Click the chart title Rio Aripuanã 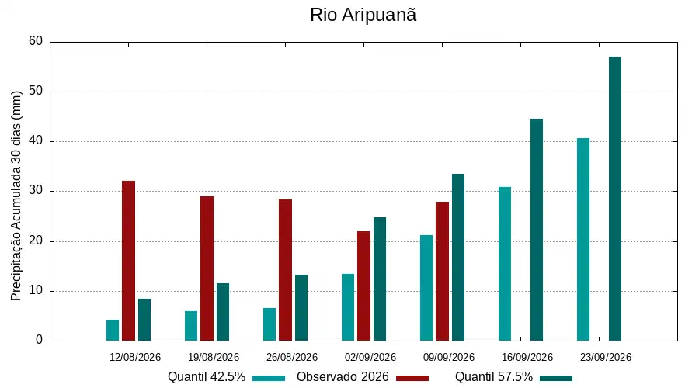tap(363, 15)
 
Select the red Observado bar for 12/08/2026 tap(128, 261)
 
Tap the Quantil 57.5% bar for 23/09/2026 tap(615, 199)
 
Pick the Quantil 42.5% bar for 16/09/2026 tap(505, 264)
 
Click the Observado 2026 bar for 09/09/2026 tap(442, 272)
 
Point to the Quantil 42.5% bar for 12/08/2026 tap(113, 330)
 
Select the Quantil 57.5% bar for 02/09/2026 tap(380, 279)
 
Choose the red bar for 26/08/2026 tap(285, 270)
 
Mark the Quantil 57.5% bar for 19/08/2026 tap(223, 312)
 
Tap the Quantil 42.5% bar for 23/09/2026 tap(583, 240)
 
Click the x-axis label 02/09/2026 tap(370, 357)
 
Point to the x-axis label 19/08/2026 tap(214, 357)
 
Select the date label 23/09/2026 tap(606, 357)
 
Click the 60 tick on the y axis tap(36, 41)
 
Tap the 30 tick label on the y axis tap(36, 191)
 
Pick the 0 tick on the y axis tap(40, 340)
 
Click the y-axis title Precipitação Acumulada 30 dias tap(16, 196)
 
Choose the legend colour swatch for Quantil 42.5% tap(269, 378)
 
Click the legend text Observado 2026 tap(343, 377)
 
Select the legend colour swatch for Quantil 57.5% tap(556, 378)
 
